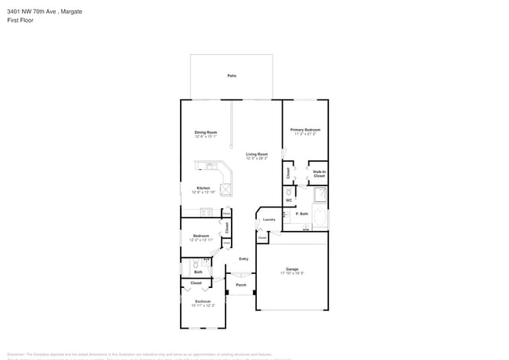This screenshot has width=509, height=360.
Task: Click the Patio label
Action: click(232, 76)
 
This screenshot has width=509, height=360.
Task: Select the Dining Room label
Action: click(205, 132)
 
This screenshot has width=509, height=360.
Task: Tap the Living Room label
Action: click(257, 154)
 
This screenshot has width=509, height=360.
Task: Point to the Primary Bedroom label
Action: click(305, 130)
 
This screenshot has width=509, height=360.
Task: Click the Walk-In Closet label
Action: click(319, 174)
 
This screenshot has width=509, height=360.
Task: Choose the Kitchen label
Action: click(203, 188)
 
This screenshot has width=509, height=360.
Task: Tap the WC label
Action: click(289, 200)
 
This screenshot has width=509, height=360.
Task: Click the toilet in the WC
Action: click(289, 190)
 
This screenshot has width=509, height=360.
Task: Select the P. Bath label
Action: click(301, 213)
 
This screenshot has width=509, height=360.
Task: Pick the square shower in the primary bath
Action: click(319, 195)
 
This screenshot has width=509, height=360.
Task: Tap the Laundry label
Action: click(269, 220)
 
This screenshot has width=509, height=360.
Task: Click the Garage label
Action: click(291, 269)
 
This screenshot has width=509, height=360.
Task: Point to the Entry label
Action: click(244, 259)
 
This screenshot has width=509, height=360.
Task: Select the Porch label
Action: click(241, 285)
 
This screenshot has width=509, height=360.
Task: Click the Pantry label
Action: click(226, 212)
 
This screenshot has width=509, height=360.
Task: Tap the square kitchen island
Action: click(226, 189)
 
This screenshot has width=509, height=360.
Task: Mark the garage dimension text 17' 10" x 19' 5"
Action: click(291, 274)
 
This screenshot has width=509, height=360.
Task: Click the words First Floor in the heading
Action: click(21, 21)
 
